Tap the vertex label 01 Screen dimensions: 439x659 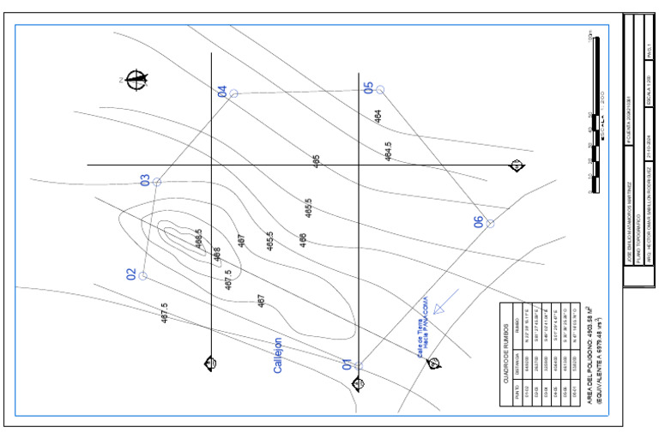pyautogui.click(x=348, y=364)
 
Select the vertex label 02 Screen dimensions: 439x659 pyautogui.click(x=131, y=274)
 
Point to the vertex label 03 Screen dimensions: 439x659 pyautogui.click(x=145, y=180)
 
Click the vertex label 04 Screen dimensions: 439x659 pyautogui.click(x=222, y=91)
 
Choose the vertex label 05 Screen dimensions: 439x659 pyautogui.click(x=369, y=87)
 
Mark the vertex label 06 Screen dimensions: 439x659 pyautogui.click(x=479, y=221)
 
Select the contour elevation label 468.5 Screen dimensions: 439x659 pyautogui.click(x=198, y=238)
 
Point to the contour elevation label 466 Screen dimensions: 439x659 pyautogui.click(x=303, y=240)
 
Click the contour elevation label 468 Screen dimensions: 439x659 pyautogui.click(x=216, y=255)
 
